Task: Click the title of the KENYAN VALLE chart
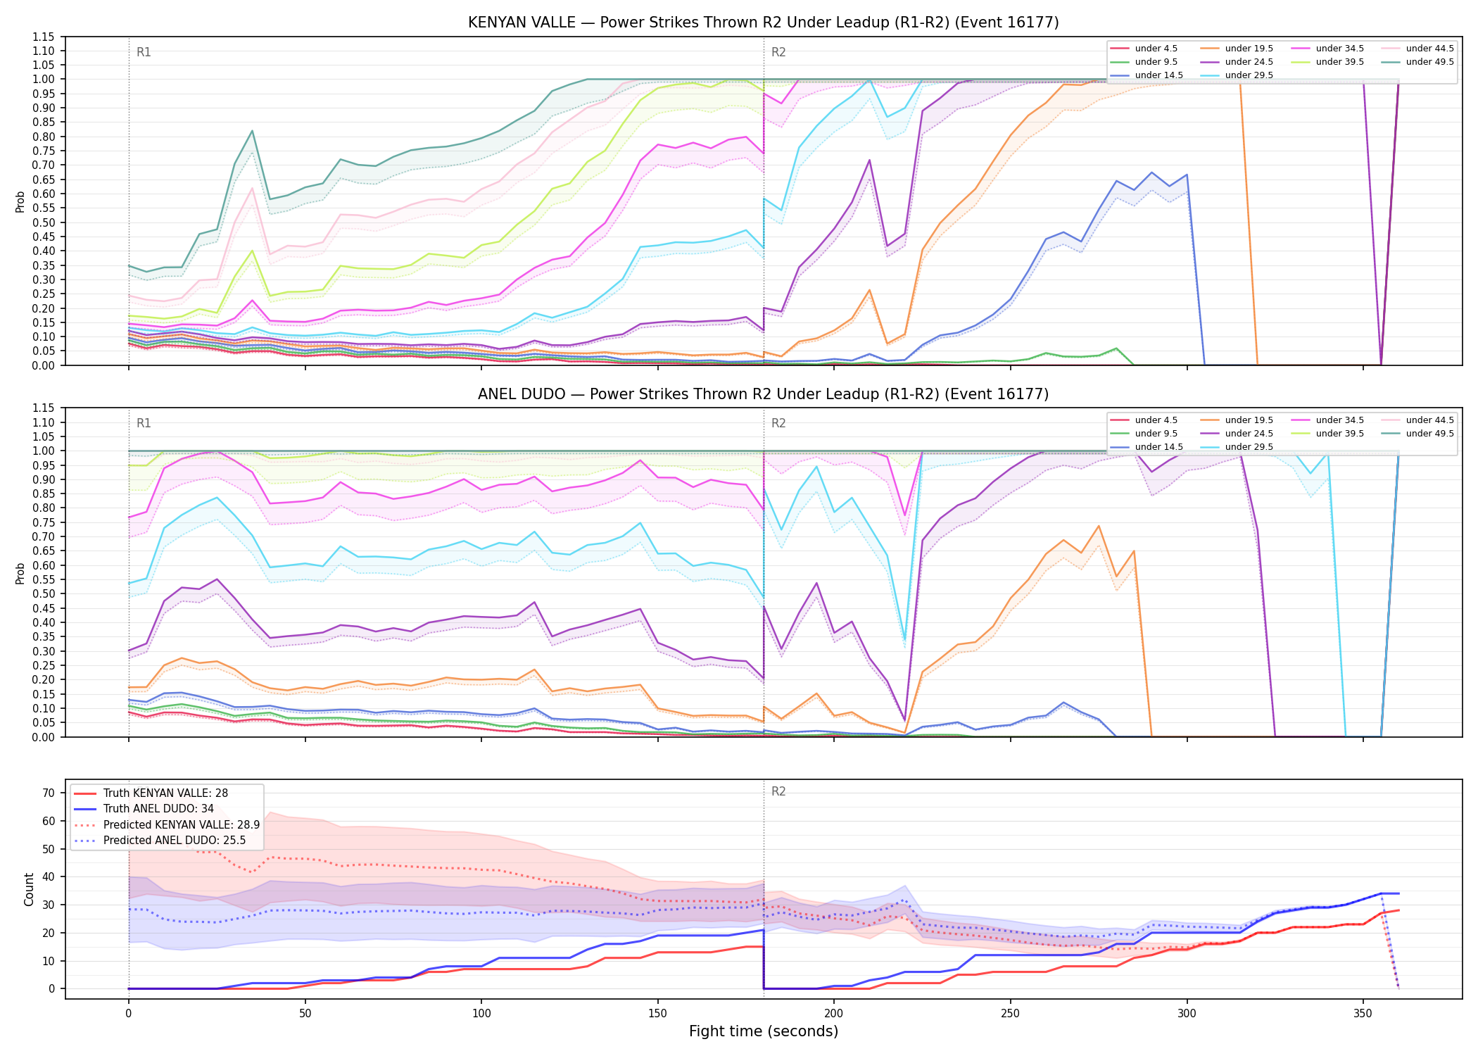pyautogui.click(x=764, y=23)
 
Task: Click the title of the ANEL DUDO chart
pyautogui.click(x=764, y=394)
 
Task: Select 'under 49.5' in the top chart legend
pyautogui.click(x=1429, y=62)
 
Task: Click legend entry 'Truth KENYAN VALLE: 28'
pyautogui.click(x=165, y=793)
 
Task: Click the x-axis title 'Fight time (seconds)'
pyautogui.click(x=764, y=1031)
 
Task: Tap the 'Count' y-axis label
pyautogui.click(x=29, y=889)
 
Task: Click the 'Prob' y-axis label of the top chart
pyautogui.click(x=20, y=201)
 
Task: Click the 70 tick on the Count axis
pyautogui.click(x=49, y=793)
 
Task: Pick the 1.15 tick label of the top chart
pyautogui.click(x=44, y=37)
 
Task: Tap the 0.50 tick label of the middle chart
pyautogui.click(x=44, y=593)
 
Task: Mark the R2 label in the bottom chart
pyautogui.click(x=778, y=791)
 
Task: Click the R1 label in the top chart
pyautogui.click(x=144, y=52)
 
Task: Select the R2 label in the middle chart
pyautogui.click(x=778, y=423)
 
